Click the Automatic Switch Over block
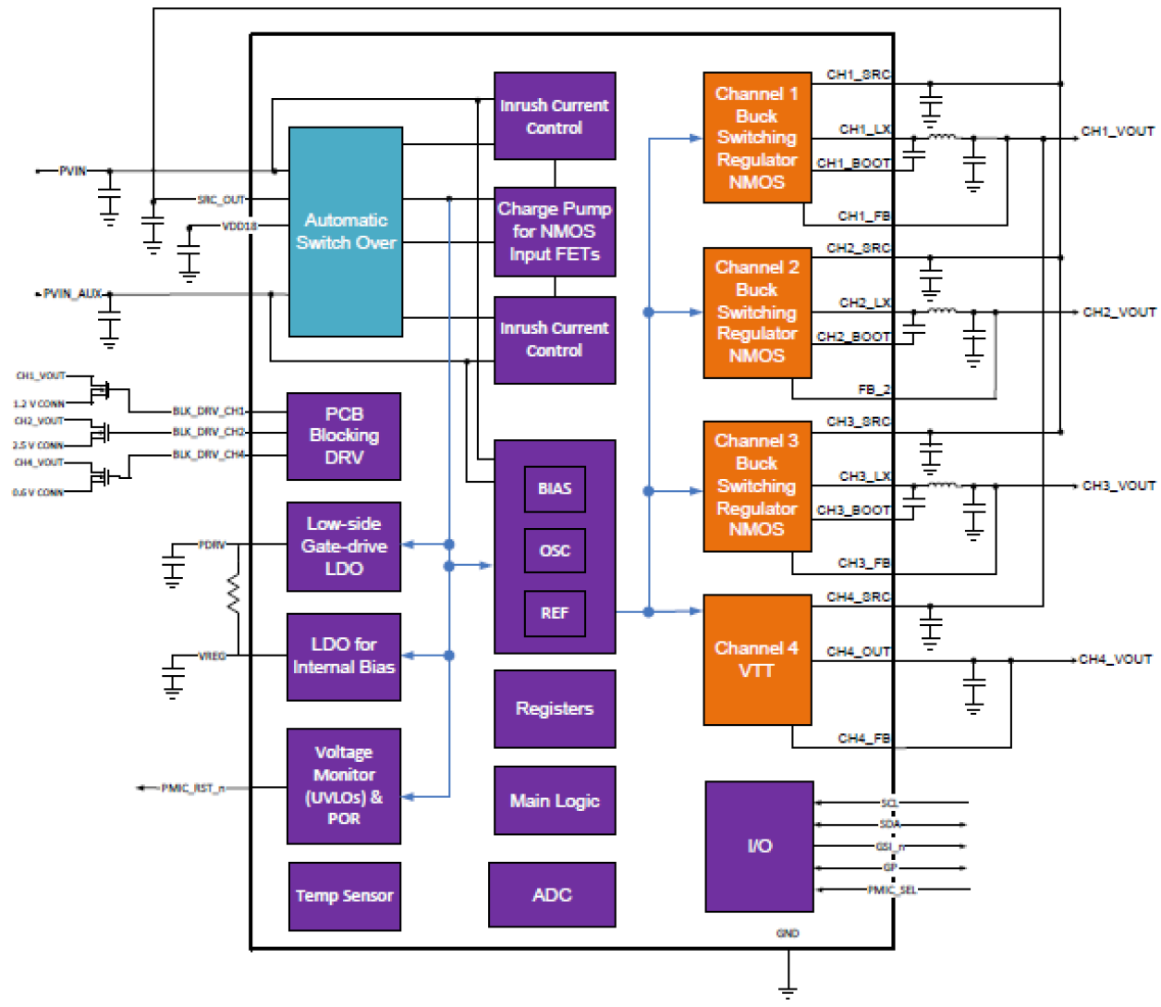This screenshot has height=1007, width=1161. tap(346, 231)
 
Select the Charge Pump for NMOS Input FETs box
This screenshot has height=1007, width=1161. tap(555, 231)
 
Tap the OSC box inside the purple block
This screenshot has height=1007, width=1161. tap(555, 550)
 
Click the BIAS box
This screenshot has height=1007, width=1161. tap(555, 488)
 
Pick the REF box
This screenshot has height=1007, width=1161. tap(555, 613)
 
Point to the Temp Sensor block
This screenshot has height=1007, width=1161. tap(344, 895)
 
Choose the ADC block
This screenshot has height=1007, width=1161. tap(552, 894)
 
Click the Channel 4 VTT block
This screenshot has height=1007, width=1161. tap(757, 659)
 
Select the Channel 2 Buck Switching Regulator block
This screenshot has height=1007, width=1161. tap(757, 312)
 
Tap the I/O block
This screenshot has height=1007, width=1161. tap(759, 846)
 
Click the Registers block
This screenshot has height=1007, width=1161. tap(555, 708)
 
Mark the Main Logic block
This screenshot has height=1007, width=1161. tap(555, 801)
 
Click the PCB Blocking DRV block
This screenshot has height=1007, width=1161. tap(344, 436)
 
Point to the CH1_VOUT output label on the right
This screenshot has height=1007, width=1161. tap(1118, 131)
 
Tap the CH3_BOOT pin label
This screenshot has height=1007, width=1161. tap(853, 510)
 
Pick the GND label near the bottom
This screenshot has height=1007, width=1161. tap(788, 933)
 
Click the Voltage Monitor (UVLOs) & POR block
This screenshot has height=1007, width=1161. tap(344, 786)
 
